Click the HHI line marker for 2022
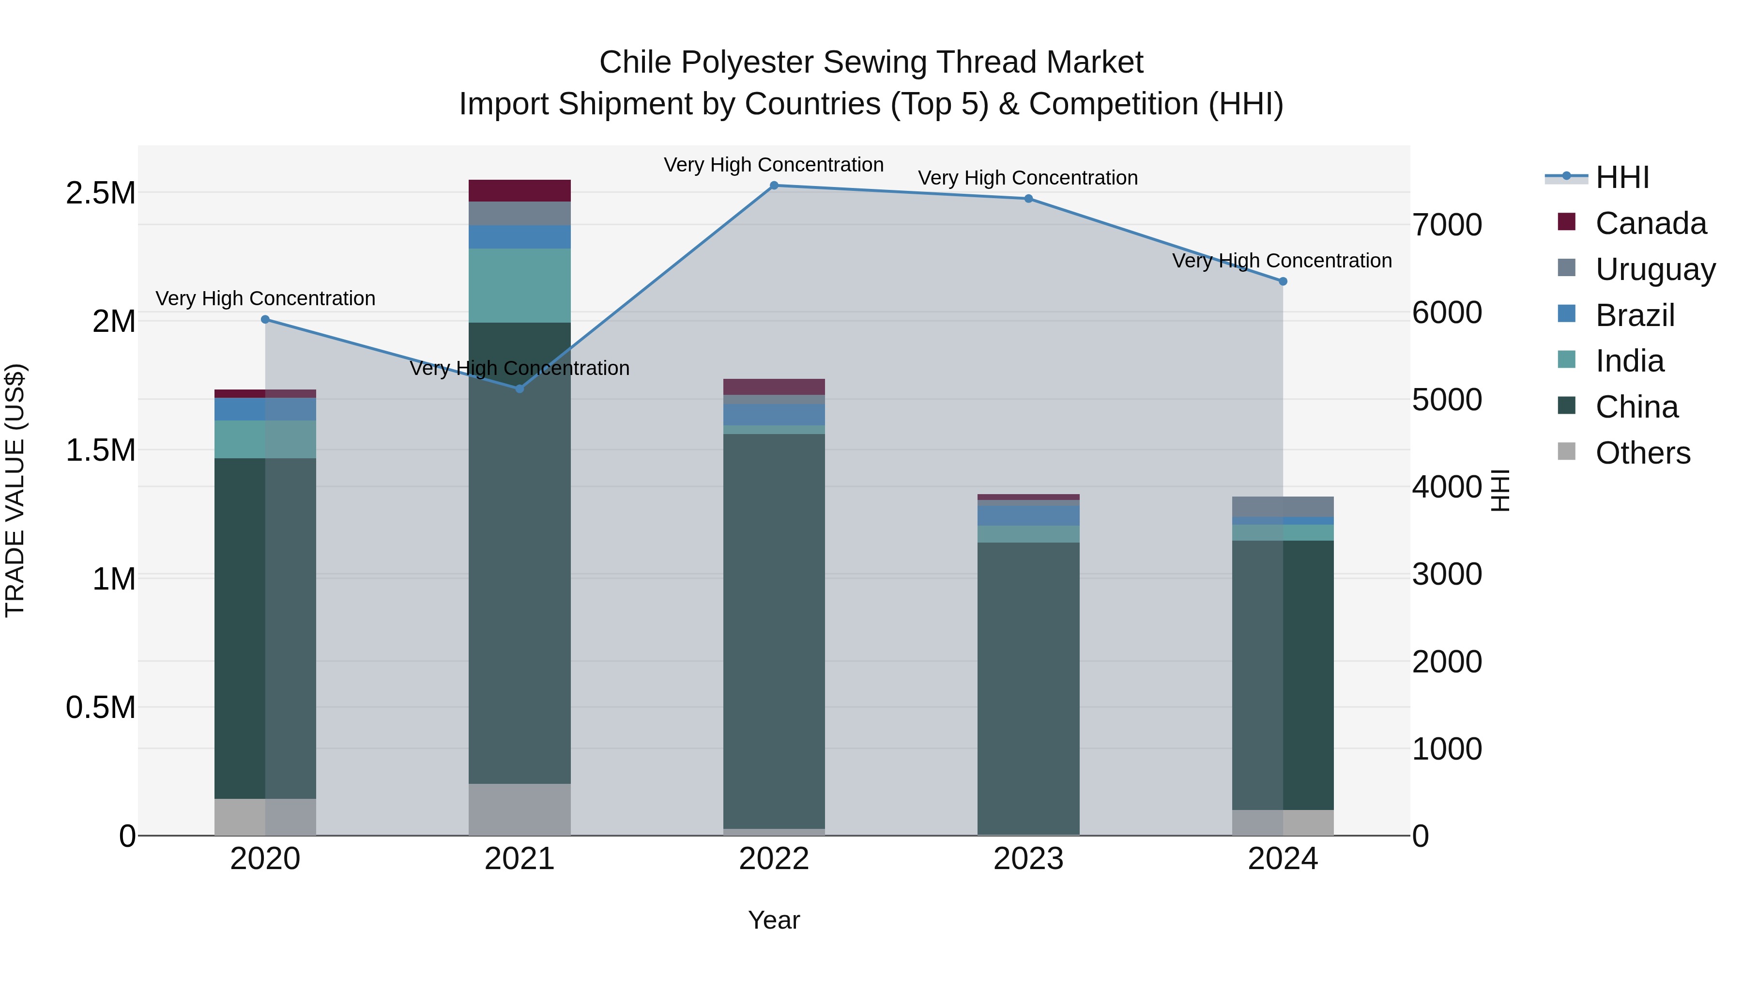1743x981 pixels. coord(774,186)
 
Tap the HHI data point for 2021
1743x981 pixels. coord(520,389)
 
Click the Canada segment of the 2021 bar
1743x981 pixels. coord(520,191)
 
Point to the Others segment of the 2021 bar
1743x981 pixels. coord(520,810)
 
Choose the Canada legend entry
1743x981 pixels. coord(1651,223)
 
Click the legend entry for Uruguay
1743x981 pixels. coord(1655,269)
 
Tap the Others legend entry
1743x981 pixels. coord(1642,453)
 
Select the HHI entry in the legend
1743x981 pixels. coord(1622,177)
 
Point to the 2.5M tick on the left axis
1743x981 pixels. coord(101,193)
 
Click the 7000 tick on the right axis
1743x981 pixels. coord(1447,225)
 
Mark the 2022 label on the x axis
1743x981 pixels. coord(774,859)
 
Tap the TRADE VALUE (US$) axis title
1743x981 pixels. coord(15,490)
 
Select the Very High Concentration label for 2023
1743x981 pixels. coord(1028,178)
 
